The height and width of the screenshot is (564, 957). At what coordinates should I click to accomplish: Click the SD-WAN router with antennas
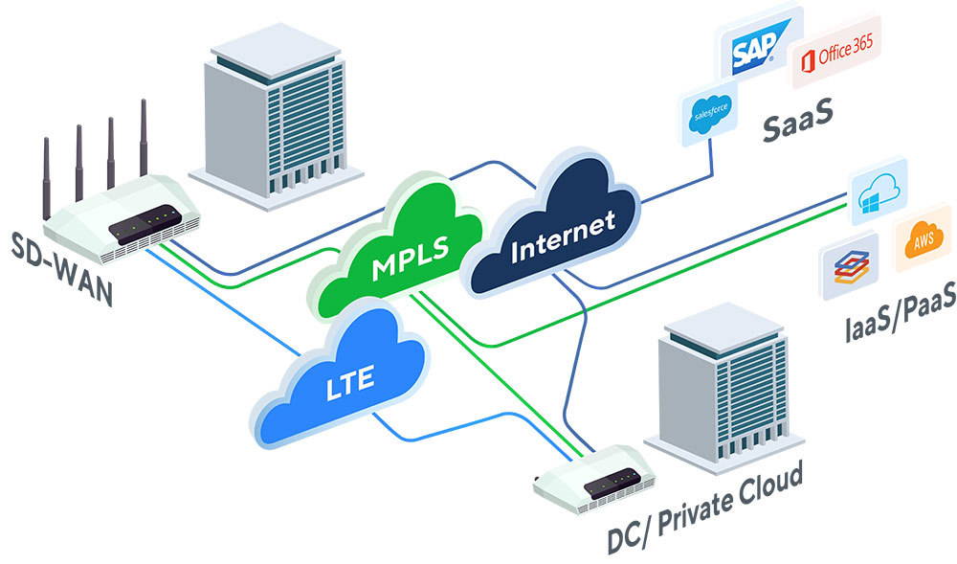point(124,220)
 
